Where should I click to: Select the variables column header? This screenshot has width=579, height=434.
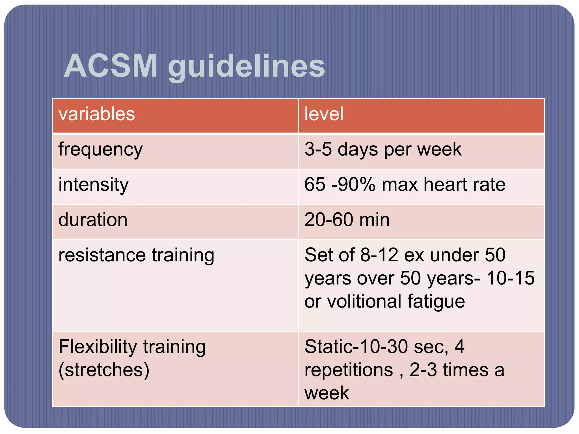coord(97,114)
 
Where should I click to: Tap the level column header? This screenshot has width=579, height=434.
coord(324,114)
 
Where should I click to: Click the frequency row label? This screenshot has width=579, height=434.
coord(100,150)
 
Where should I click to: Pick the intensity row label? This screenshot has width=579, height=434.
coord(94,185)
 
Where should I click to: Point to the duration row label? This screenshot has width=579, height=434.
coord(93,220)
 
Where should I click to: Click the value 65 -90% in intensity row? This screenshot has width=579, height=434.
coord(340,185)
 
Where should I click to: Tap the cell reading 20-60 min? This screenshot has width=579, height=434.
coord(347,220)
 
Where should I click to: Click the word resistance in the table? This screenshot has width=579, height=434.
coord(102,255)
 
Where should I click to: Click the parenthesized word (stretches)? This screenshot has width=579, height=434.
coord(104,370)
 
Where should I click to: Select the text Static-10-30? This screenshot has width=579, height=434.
coord(356,347)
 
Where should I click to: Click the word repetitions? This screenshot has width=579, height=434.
coord(349,370)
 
